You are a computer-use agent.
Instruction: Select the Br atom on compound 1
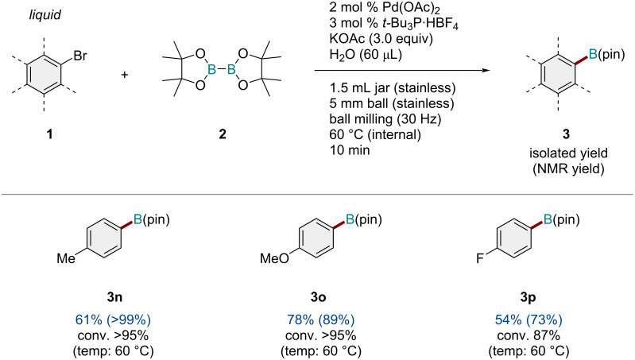click(x=81, y=56)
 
